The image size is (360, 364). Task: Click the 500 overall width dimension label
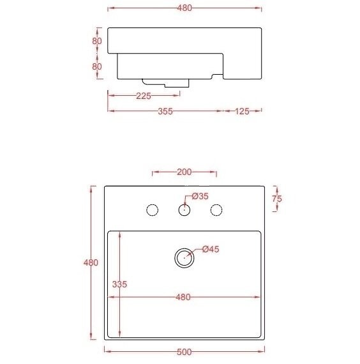pos(184,352)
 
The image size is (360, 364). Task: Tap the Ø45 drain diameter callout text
pos(211,250)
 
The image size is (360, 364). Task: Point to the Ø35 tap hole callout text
pos(200,196)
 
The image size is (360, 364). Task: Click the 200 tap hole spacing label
pos(184,172)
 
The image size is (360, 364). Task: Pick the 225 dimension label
pos(143,96)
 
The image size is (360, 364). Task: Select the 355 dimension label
pos(165,110)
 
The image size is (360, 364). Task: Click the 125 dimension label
pos(242,110)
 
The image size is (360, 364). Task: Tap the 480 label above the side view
pos(184,8)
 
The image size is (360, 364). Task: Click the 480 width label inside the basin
pos(183,297)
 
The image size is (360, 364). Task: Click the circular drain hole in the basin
pos(184,257)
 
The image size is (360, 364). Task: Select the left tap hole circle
pos(152,209)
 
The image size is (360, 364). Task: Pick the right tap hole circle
pos(216,209)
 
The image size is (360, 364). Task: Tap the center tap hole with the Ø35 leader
pos(184,209)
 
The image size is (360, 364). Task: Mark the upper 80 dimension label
pos(97,41)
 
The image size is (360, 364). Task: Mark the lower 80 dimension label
pos(97,66)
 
